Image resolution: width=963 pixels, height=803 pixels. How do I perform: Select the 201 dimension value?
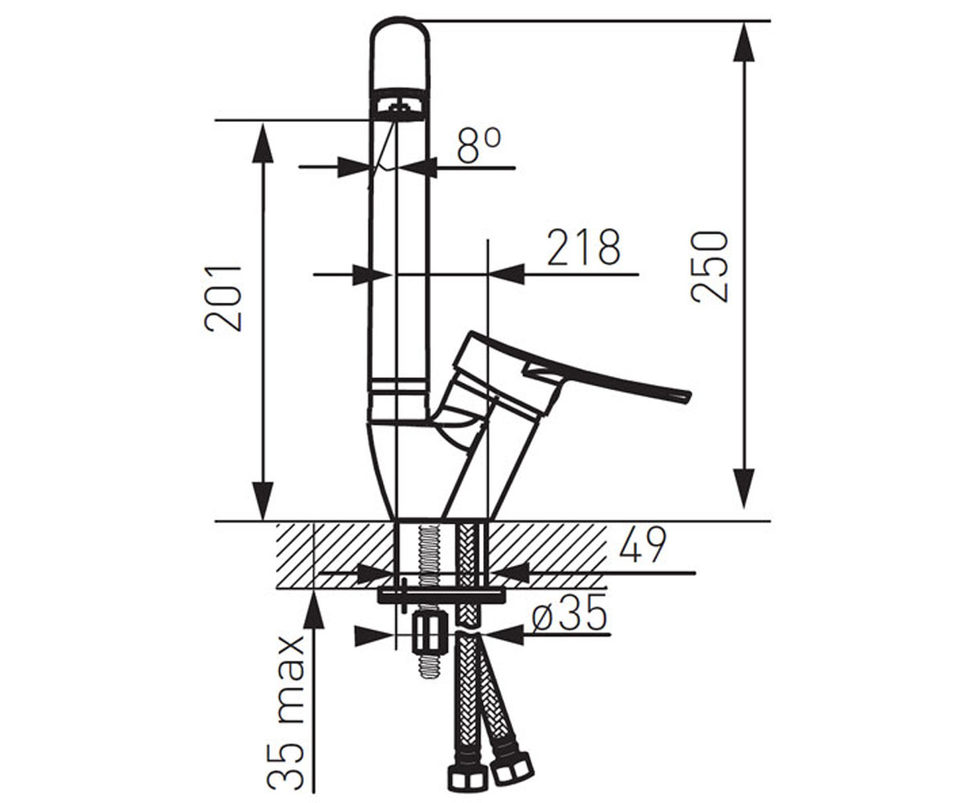223,299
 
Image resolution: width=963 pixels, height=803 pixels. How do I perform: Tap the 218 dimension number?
584,248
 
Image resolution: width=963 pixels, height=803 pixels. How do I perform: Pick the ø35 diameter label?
569,613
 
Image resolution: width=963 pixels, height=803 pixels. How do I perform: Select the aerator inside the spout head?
400,110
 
